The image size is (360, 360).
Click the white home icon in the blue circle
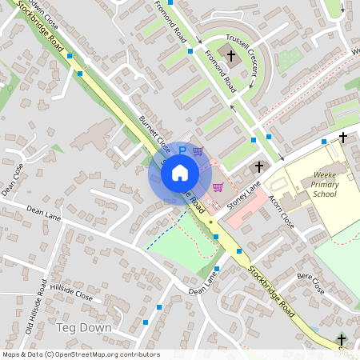coord(180,172)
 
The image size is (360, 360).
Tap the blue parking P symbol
coord(182,150)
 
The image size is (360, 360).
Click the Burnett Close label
coord(154,134)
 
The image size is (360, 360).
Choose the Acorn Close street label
coord(282,212)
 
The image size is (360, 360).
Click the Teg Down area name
coord(83,328)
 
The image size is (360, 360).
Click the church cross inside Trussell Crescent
coord(232,56)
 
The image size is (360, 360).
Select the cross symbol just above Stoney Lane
coord(258,167)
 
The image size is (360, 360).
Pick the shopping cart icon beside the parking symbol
coord(198,150)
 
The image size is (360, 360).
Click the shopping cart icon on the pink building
coord(217,187)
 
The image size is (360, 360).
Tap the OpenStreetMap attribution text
coord(81,354)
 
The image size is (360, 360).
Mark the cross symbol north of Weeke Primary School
coord(343,138)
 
